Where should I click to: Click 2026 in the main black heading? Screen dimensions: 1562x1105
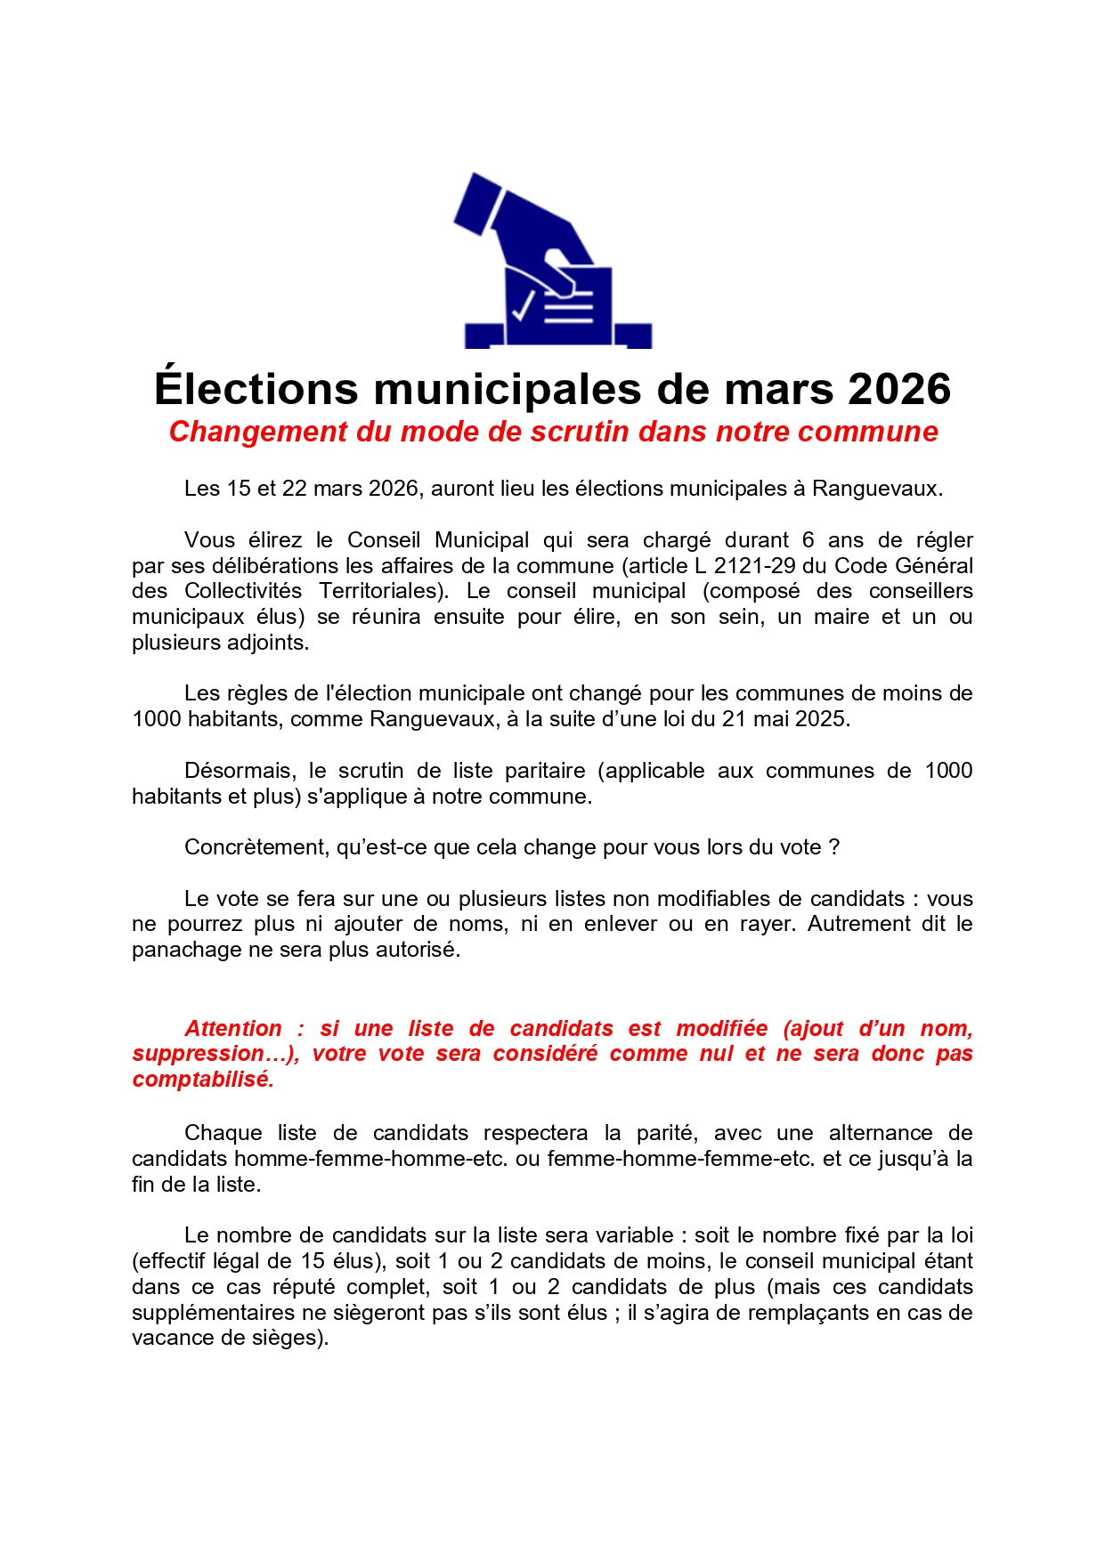pos(898,389)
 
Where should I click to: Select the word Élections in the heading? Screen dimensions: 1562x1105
pos(256,389)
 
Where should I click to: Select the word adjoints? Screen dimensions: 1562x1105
pos(264,643)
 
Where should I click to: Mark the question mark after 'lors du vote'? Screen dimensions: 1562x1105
pos(834,847)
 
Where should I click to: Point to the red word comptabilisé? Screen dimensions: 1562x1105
pos(203,1080)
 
